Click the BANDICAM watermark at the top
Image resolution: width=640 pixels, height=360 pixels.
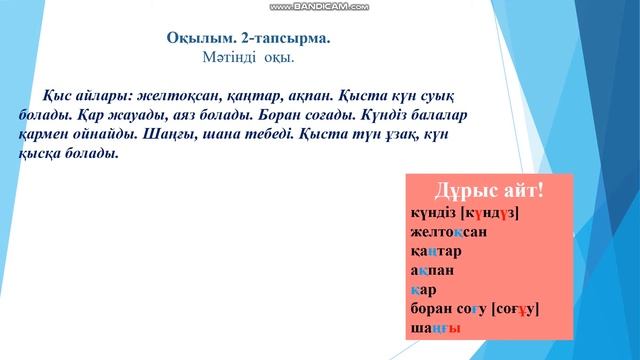319,6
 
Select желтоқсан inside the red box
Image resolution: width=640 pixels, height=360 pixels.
448,232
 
